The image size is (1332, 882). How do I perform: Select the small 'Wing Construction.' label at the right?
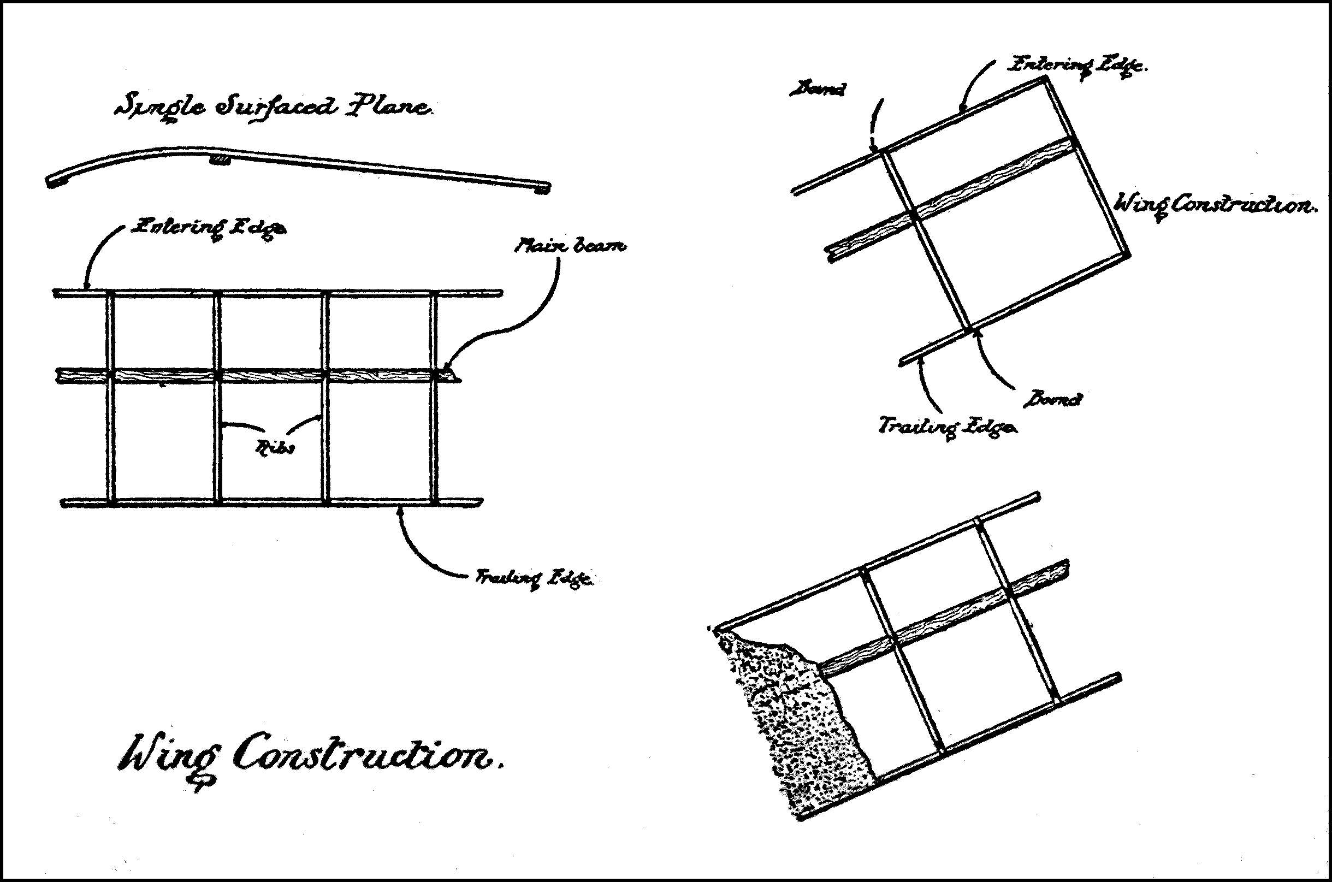coord(1215,205)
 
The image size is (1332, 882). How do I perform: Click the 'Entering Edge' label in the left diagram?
coord(208,229)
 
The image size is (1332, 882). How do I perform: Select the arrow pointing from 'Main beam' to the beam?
coord(523,321)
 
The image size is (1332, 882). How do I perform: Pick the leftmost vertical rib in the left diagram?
coord(110,399)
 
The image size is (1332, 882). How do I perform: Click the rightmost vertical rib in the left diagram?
coord(434,399)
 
